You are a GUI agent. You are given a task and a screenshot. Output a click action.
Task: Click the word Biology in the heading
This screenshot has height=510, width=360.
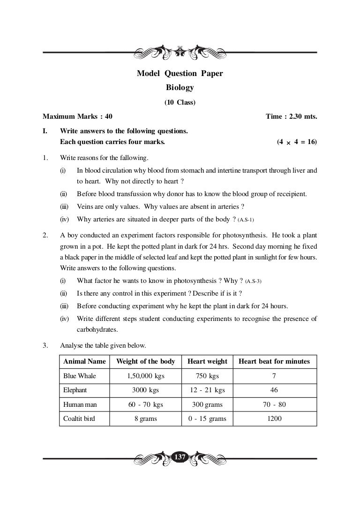coord(180,87)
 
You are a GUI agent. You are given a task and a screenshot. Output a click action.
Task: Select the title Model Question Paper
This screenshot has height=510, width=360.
coord(180,73)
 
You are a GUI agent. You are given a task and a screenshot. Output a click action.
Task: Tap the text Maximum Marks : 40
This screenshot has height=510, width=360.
coord(77,116)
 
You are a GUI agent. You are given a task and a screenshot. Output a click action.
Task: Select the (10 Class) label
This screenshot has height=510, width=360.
coord(180,102)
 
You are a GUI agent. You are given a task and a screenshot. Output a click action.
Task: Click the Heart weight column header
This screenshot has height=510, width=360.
coord(207,361)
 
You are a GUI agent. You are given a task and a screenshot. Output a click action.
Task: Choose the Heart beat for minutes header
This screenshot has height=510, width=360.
coord(274,361)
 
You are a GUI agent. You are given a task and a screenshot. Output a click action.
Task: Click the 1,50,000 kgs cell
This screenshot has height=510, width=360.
coord(146,376)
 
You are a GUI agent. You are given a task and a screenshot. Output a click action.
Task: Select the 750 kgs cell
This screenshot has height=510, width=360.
coord(207,376)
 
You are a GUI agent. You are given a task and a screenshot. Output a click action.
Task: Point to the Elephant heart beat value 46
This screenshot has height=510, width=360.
coord(274,390)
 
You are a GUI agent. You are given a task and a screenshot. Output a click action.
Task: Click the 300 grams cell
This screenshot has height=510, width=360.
coord(207,404)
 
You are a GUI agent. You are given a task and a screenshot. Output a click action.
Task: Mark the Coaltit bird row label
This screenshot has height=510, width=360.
coord(79,419)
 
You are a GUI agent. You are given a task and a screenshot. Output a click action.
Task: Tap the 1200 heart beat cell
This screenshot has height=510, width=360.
coord(274,419)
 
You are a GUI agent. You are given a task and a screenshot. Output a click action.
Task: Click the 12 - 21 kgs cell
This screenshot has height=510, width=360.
coord(207,390)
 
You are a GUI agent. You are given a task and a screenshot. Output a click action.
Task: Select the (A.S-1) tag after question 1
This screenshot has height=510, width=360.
coord(247,220)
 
